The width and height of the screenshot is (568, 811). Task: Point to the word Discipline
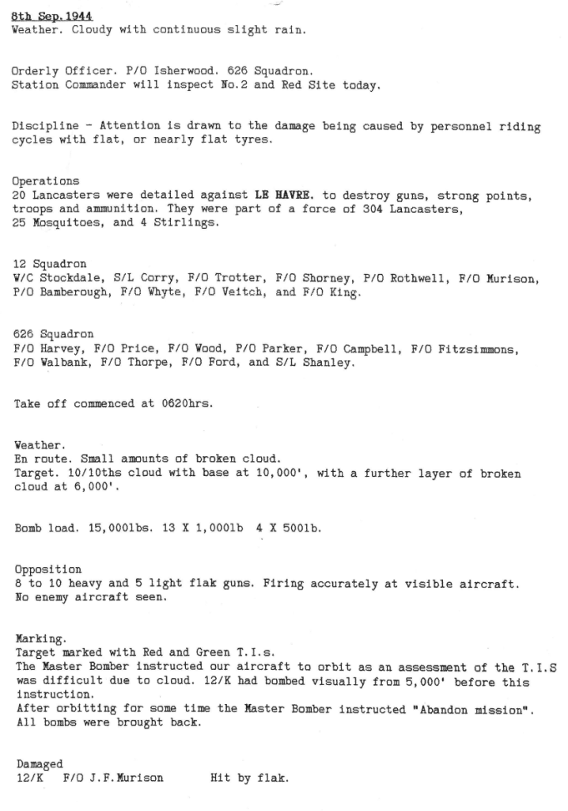[45, 127]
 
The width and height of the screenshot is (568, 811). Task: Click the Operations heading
[45, 181]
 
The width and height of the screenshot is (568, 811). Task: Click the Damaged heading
[40, 763]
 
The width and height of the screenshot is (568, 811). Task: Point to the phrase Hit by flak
[249, 778]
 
